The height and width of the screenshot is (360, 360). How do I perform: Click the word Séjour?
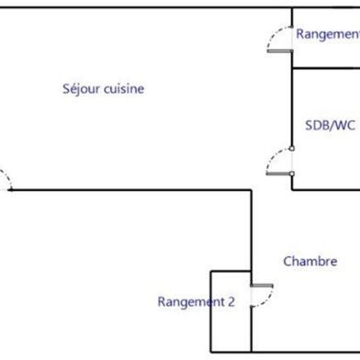(x=81, y=89)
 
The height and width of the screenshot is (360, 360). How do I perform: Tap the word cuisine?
(x=124, y=89)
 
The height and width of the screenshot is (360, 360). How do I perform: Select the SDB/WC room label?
(x=329, y=126)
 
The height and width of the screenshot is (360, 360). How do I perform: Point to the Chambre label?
(x=309, y=262)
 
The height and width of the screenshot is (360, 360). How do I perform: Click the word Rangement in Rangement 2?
(x=190, y=301)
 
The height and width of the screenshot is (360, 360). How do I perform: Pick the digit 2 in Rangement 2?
(x=231, y=301)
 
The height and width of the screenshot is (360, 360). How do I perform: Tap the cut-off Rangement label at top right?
(x=327, y=34)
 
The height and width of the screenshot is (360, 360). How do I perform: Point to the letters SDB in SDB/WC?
(x=316, y=126)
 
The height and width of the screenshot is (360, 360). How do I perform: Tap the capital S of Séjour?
(x=66, y=89)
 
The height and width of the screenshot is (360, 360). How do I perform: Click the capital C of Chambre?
(x=287, y=262)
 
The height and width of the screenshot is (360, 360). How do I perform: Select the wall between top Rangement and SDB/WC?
(x=325, y=68)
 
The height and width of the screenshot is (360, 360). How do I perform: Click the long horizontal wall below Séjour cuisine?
(x=129, y=190)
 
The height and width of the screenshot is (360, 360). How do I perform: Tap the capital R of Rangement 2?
(x=162, y=301)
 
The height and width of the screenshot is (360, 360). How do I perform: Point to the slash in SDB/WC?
(x=331, y=126)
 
